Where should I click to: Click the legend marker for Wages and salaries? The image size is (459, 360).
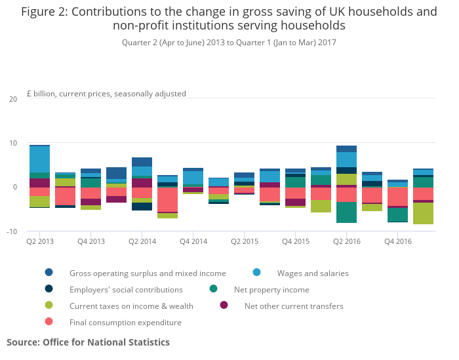pos(256,273)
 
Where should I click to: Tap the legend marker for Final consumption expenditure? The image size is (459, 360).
pos(49,322)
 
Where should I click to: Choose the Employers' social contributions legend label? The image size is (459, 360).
pos(126,289)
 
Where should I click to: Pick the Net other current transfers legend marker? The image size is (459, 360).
pos(224,306)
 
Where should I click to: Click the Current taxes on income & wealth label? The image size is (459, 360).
pos(131,306)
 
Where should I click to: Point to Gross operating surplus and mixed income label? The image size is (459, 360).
pos(148,273)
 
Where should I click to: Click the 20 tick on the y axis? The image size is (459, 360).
pos(13,99)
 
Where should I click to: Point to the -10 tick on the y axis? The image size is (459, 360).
pos(12,231)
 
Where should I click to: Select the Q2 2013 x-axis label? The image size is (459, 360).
pos(39,242)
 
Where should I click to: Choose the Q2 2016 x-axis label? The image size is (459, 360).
pos(346,242)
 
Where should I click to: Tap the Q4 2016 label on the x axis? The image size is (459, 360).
pos(397,242)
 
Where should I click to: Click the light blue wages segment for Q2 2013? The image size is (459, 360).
pos(39,159)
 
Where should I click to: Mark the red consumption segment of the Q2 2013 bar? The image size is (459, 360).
pos(39,192)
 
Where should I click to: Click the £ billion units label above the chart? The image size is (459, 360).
pos(106,94)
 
